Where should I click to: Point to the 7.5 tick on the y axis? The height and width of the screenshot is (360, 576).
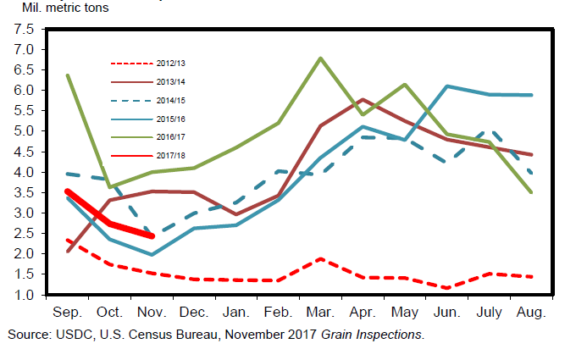[x=24, y=29]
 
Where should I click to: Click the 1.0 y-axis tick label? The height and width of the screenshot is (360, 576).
[x=24, y=295]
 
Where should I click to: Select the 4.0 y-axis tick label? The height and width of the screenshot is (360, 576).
[x=24, y=172]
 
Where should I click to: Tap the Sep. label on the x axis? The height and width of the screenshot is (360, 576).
[x=67, y=312]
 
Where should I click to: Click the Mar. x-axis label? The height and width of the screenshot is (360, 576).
[x=320, y=312]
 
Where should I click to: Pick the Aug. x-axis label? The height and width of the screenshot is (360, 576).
[x=531, y=312]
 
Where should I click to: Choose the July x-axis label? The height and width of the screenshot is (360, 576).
[x=489, y=312]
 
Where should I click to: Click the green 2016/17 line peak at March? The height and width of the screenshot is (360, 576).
[x=320, y=58]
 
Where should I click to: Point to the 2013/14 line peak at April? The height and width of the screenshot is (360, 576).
[x=363, y=100]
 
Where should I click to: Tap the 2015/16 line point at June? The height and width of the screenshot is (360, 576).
[x=446, y=86]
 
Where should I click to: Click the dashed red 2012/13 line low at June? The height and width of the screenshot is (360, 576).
[x=446, y=288]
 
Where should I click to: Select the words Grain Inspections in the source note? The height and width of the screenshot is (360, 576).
[x=372, y=335]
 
